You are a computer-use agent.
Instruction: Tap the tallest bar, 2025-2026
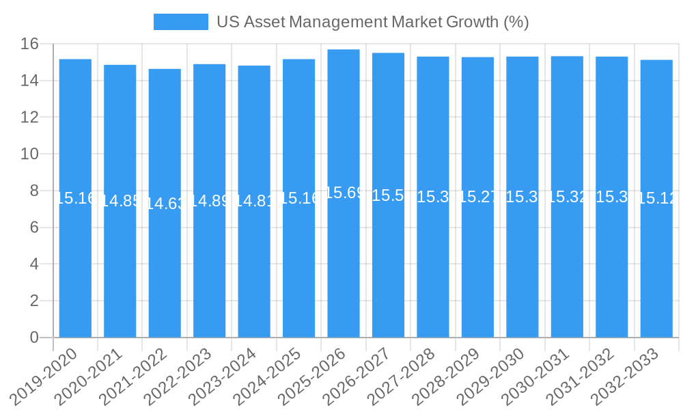tap(344, 260)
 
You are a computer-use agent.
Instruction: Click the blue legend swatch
tap(180, 22)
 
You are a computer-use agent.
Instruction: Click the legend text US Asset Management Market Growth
tap(372, 22)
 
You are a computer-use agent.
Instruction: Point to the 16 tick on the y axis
tap(29, 44)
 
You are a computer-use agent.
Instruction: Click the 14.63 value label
tap(165, 204)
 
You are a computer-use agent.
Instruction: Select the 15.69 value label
tap(344, 193)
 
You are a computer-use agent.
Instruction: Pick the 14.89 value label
tap(209, 201)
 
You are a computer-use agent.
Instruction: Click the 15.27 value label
tap(477, 197)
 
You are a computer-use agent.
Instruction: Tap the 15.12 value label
tap(656, 198)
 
